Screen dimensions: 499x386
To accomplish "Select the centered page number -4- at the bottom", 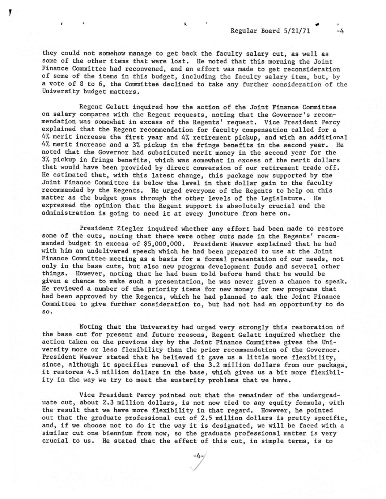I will pyautogui.click(x=197, y=456).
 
